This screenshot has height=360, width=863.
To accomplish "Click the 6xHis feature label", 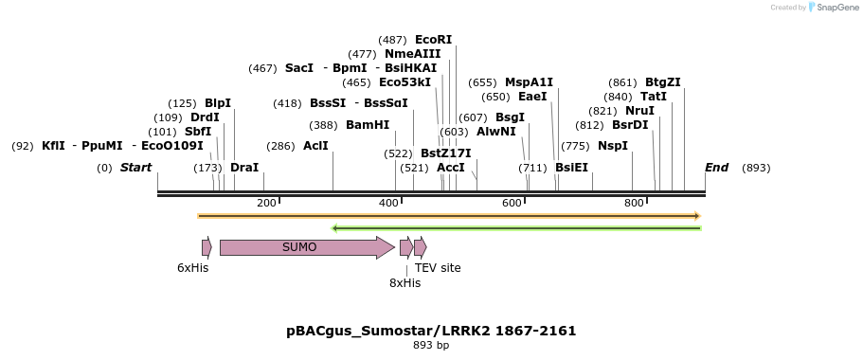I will pos(192,268).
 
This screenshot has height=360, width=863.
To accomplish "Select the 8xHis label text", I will pos(405,283).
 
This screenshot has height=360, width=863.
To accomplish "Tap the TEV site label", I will pos(438,268).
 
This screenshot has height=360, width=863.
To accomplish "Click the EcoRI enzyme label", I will pos(433,40).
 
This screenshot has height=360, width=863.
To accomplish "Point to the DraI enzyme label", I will pos(244,168).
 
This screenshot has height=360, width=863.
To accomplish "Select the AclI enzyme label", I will pos(315,146).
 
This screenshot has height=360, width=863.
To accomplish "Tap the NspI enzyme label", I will pos(612,146).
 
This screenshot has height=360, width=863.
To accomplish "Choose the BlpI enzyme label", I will pos(217,103).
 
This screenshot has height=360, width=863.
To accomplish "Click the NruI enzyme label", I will pos(639,111).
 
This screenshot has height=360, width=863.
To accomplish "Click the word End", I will pos(716,168).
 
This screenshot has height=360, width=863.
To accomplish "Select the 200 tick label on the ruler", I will pos(266,204).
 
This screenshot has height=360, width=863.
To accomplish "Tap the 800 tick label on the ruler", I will pos(634,204).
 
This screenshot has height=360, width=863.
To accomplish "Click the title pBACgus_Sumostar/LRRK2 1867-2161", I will pos(431,331).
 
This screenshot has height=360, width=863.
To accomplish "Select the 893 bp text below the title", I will pos(431,346).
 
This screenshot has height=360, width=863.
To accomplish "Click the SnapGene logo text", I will pos(837,7).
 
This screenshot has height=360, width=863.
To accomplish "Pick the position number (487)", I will pos(392,40).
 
